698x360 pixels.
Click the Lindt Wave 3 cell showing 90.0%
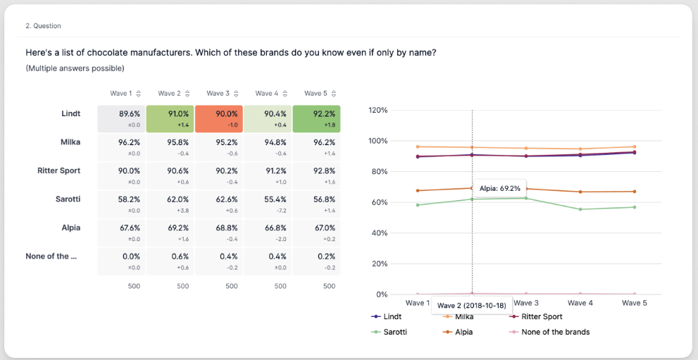(x=218, y=118)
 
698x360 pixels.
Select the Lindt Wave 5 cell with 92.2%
(x=316, y=118)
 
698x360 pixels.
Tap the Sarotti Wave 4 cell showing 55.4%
(x=267, y=204)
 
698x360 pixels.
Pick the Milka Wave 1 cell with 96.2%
(x=121, y=147)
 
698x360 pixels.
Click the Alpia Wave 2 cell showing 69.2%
(x=170, y=232)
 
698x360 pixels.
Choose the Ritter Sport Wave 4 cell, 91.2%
(x=267, y=175)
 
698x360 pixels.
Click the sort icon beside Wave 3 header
(x=236, y=94)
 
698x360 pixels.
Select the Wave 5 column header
(x=316, y=94)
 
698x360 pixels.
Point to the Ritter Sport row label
(x=58, y=170)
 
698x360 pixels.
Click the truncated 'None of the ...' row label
(x=51, y=256)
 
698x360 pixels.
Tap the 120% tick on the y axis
(x=378, y=111)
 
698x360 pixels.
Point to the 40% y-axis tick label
(x=380, y=233)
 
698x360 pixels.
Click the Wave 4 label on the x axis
(x=580, y=303)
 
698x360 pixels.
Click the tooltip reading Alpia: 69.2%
(x=499, y=189)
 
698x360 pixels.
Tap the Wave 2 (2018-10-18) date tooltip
(x=472, y=306)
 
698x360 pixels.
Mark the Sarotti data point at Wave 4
(x=581, y=209)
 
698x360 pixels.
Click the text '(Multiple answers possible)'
(x=75, y=68)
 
